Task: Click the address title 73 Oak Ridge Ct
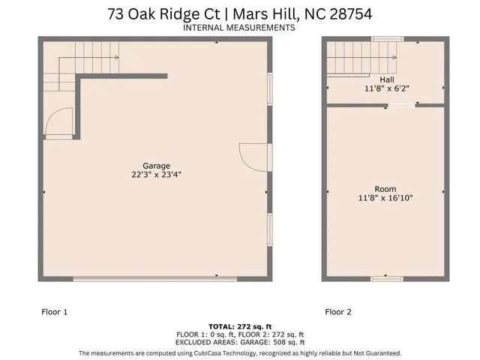click(x=239, y=13)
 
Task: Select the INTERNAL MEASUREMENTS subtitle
click(x=239, y=28)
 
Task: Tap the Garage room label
click(x=156, y=166)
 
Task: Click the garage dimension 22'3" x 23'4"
click(x=156, y=175)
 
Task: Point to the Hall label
click(x=386, y=79)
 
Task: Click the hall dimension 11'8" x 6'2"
click(x=386, y=88)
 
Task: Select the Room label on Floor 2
click(x=386, y=189)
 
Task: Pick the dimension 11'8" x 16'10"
click(x=386, y=198)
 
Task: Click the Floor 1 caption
click(x=53, y=311)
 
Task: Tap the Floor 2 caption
click(x=339, y=311)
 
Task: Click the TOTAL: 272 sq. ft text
click(x=239, y=326)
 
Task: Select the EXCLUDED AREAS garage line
click(x=239, y=342)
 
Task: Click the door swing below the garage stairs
click(x=58, y=123)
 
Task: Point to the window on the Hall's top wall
click(x=387, y=39)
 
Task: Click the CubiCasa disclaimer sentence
click(x=239, y=352)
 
